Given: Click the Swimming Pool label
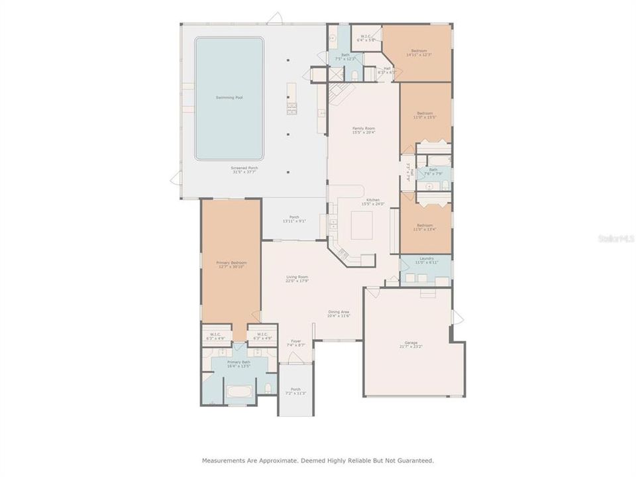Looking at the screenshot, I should [x=229, y=98].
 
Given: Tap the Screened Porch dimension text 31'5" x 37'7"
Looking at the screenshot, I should [x=244, y=172].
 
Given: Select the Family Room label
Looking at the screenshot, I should [x=362, y=129].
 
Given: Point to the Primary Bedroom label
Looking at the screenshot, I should [x=231, y=263].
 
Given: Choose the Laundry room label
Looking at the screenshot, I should [x=426, y=258].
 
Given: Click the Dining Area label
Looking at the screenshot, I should [x=339, y=312].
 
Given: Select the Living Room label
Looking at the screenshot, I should [x=297, y=277].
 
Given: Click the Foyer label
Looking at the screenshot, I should [x=296, y=341].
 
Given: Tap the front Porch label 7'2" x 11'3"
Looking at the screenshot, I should [x=295, y=391].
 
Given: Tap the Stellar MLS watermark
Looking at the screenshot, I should [x=615, y=237].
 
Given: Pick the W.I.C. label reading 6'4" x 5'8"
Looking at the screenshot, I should [x=366, y=38].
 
